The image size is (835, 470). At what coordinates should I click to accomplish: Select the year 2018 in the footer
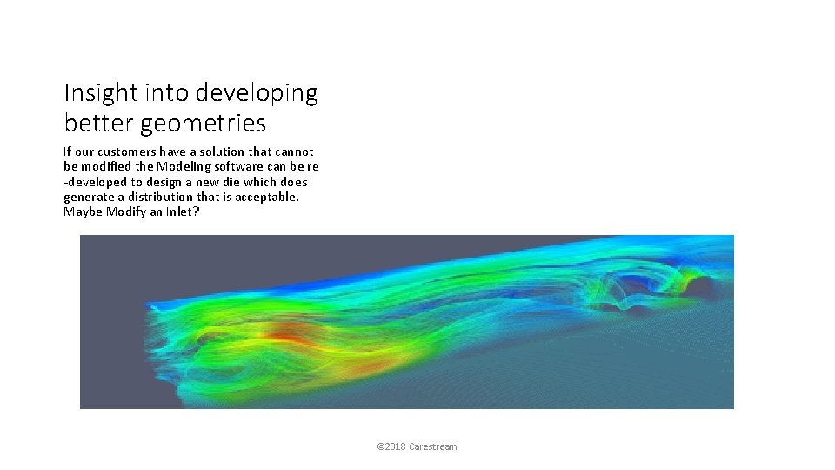pos(394,446)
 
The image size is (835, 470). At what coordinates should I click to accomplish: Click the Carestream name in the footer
pos(433,446)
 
